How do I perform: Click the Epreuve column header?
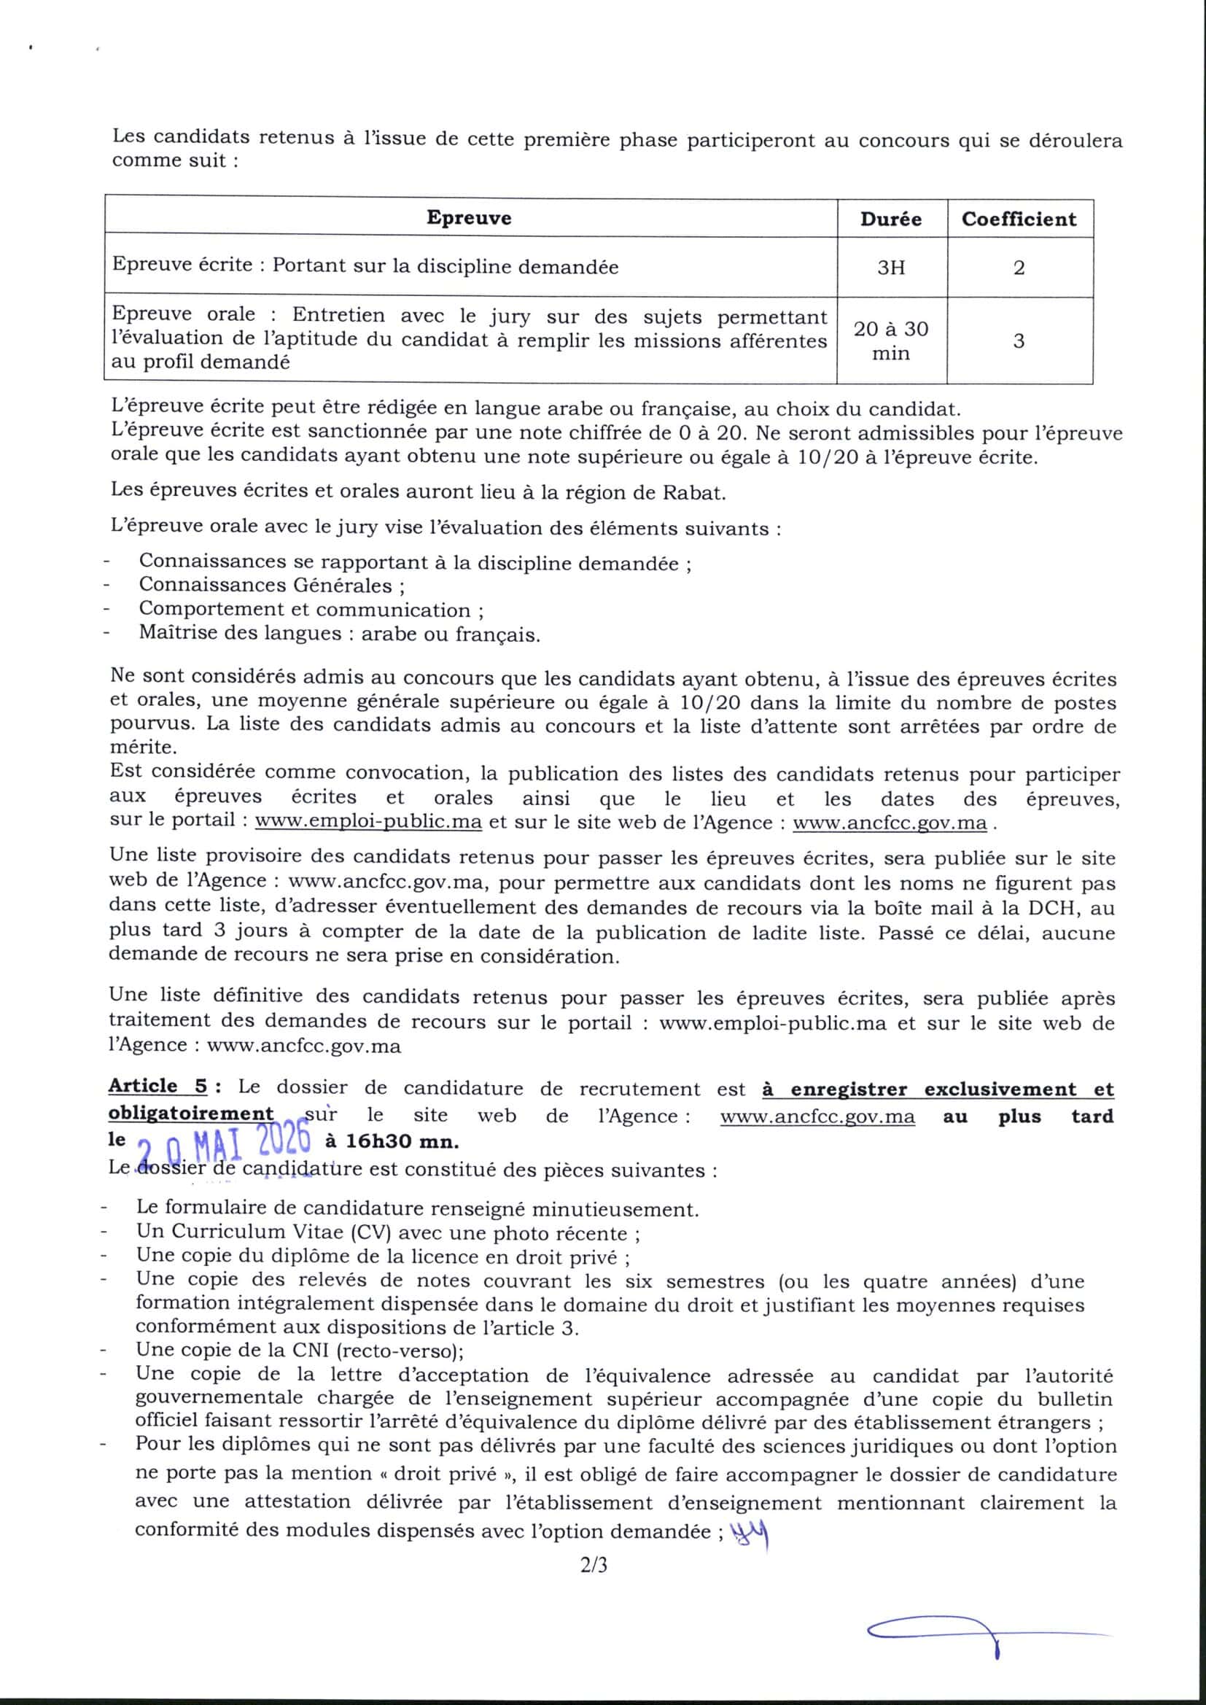[469, 217]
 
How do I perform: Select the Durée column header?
[890, 219]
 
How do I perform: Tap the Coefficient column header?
[1018, 219]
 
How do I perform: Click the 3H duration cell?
[890, 268]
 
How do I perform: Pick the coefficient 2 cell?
[1019, 268]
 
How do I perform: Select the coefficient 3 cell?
[1019, 341]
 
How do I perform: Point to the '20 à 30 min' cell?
[890, 341]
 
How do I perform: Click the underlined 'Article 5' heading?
[158, 1087]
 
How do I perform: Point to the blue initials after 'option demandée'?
[750, 1534]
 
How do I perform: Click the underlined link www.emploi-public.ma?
[368, 823]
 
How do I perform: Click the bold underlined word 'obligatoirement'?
[191, 1114]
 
